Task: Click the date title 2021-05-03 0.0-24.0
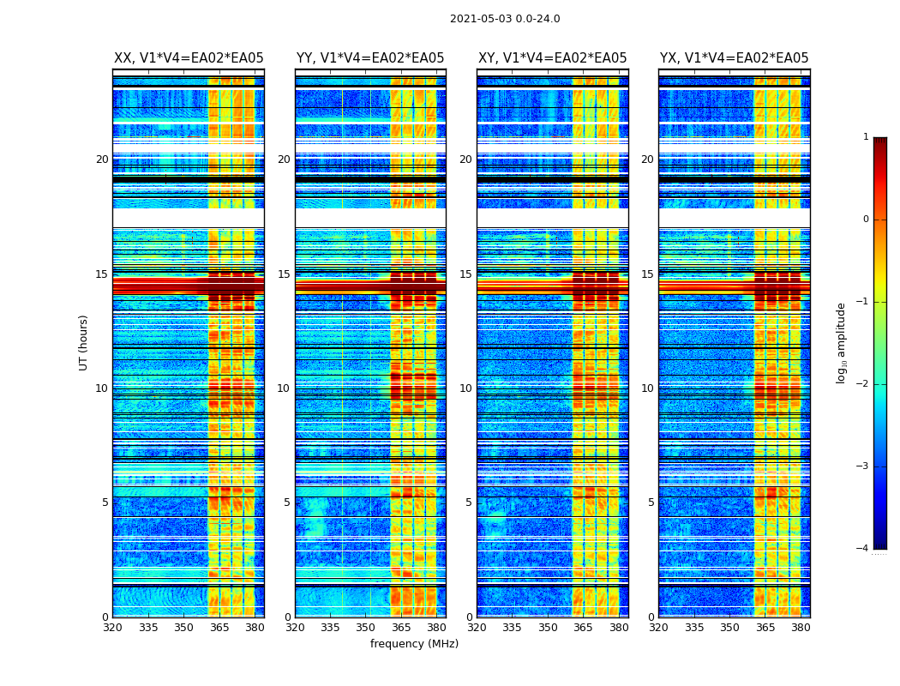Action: (505, 19)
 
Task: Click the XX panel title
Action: (189, 58)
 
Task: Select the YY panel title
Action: (370, 58)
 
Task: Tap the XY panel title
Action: (552, 58)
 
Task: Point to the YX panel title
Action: (734, 58)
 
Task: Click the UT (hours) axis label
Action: (84, 342)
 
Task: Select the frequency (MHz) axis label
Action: (414, 644)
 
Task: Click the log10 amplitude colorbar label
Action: (842, 342)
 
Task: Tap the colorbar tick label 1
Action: (866, 137)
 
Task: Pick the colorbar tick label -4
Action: (863, 549)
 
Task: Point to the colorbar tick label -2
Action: (863, 384)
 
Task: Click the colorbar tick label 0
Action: (866, 220)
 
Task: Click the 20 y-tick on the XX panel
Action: (102, 159)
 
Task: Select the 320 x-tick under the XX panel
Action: (112, 628)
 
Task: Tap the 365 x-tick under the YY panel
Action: (401, 628)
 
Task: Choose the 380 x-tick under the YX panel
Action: (801, 628)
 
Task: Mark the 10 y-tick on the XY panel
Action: (465, 388)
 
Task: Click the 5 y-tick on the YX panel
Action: (651, 502)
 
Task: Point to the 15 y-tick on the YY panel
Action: (284, 274)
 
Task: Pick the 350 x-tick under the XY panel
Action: (547, 628)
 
